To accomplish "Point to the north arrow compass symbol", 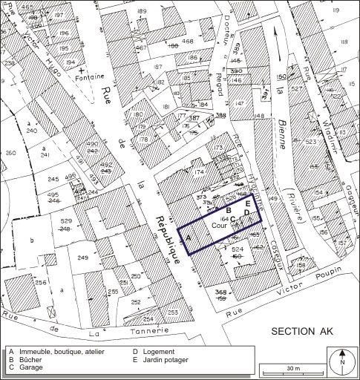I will pos(342,362).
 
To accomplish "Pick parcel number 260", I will pos(10,154).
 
